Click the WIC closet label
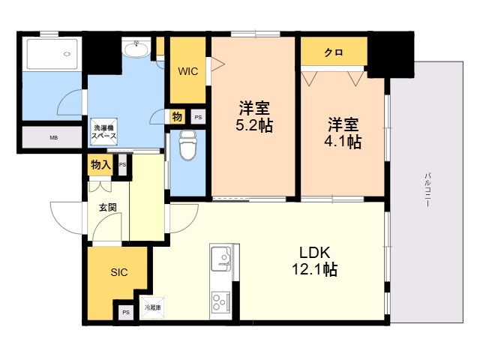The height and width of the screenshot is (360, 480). click(188, 71)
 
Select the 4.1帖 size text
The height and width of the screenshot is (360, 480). click(344, 141)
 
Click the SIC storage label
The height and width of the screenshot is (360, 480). click(119, 273)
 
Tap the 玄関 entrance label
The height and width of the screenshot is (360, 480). click(106, 208)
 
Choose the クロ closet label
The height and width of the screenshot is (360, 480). click(334, 52)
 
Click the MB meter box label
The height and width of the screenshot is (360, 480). click(53, 139)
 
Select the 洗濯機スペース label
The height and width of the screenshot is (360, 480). click(103, 132)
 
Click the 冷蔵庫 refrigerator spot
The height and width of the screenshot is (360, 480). click(153, 307)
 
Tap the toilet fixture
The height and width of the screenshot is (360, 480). click(187, 145)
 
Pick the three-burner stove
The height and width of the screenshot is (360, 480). click(222, 301)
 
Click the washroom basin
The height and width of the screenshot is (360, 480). click(136, 49)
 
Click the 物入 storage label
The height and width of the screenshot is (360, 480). click(100, 164)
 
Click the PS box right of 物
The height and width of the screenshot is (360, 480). click(198, 117)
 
